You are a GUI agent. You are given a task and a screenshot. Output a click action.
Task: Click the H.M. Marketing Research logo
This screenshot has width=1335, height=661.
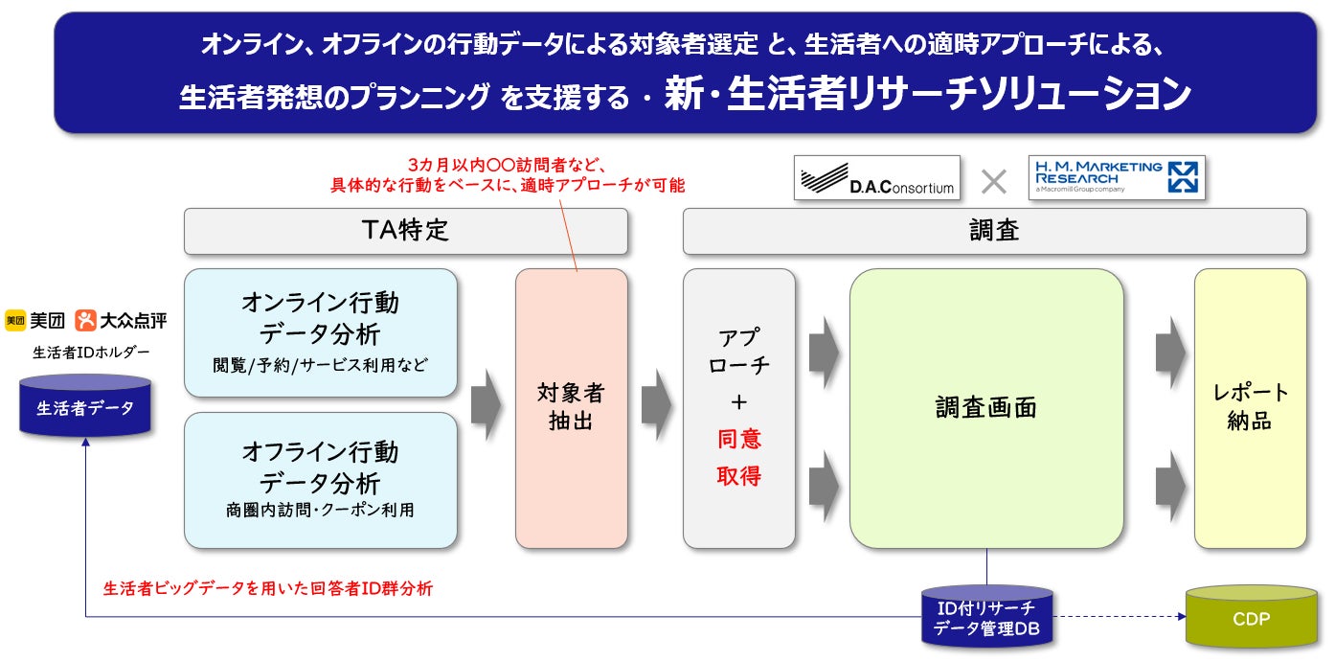pos(1116,177)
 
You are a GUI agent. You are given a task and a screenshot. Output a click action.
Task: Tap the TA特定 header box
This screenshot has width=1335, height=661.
pos(405,231)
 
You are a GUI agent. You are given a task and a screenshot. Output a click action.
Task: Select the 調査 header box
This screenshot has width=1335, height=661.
pos(994,231)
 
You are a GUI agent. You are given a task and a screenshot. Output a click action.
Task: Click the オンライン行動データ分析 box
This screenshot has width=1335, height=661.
pos(320,332)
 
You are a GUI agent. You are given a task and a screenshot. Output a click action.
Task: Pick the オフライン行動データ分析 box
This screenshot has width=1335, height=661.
pos(320,480)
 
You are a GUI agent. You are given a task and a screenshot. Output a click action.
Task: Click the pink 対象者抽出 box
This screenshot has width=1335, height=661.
pos(571,407)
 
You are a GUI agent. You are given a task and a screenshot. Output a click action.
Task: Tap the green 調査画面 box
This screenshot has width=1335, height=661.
pos(985,408)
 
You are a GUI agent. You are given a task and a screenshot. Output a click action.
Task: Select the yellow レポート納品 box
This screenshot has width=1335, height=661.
pos(1250,407)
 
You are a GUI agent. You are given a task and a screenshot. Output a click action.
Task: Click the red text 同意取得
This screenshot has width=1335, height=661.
pos(739,457)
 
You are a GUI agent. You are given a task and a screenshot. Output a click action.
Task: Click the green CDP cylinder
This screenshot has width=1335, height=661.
pos(1251,619)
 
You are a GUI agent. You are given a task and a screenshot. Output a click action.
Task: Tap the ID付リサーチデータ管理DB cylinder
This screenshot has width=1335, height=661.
pos(986,619)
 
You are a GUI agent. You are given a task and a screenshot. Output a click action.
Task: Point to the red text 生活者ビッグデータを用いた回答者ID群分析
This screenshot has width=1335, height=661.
pos(267,589)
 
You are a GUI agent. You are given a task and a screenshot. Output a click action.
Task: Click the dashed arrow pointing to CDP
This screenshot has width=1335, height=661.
pos(1118,617)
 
